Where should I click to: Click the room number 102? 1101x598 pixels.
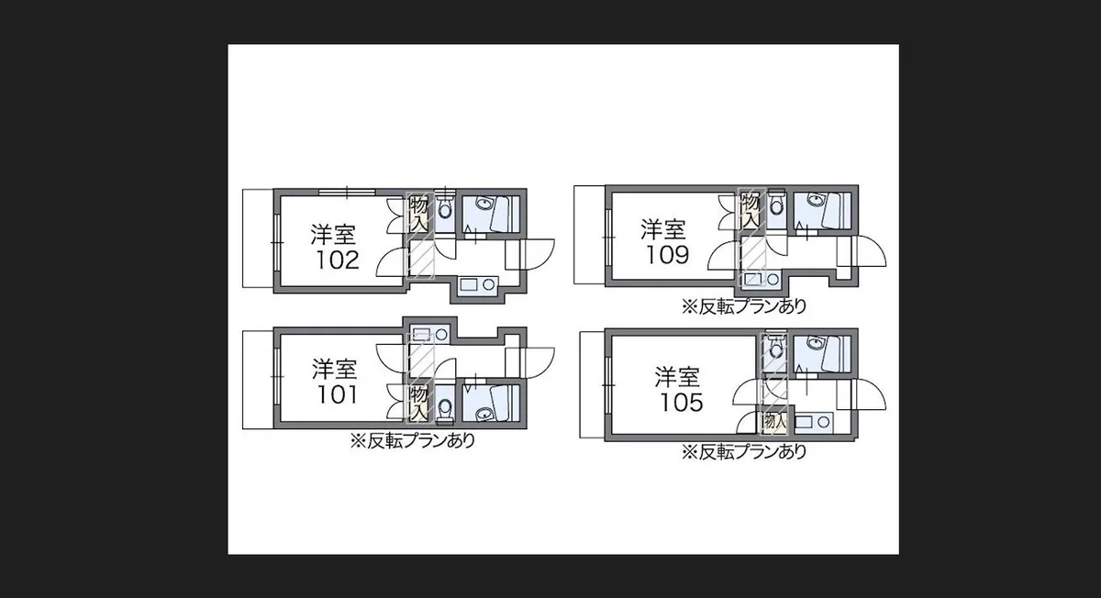[337, 260]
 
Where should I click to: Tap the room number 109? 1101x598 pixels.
[667, 254]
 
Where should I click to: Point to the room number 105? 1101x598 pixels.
[680, 402]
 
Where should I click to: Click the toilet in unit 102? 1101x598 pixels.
[445, 209]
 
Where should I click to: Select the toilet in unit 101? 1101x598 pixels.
[445, 407]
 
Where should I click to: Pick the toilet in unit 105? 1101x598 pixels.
[775, 348]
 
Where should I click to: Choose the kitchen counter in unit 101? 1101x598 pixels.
[427, 334]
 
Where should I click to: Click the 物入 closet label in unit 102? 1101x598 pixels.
[419, 213]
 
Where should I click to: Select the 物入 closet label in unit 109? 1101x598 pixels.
[750, 210]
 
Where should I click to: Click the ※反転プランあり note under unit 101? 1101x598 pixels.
[412, 440]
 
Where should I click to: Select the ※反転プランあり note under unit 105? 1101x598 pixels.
[743, 451]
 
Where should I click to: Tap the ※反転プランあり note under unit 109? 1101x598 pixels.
[743, 307]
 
